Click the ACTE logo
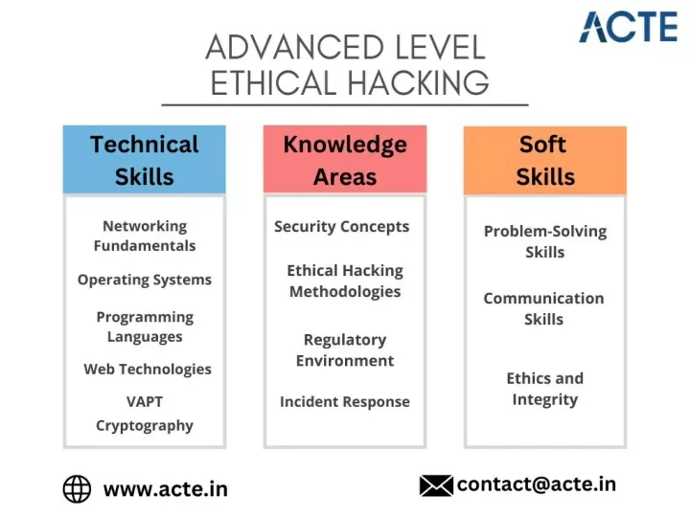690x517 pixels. pos(629,27)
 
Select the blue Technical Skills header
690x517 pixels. pos(145,160)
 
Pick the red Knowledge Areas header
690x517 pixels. pos(345,159)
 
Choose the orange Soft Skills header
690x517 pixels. pos(545,160)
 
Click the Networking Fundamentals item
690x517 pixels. pos(145,236)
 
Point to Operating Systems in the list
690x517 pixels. pos(145,280)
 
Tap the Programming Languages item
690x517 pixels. pos(145,326)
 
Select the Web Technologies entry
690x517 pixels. pos(148,370)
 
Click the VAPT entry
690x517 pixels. pos(145,401)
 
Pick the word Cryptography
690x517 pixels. pos(145,425)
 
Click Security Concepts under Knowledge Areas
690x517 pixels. pos(341,227)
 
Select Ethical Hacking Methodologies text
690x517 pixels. pos(345,281)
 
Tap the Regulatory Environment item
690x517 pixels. pos(345,350)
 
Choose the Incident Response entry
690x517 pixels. pos(345,402)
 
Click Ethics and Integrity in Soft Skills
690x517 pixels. pos(544,389)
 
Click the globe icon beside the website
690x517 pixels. pos(77,489)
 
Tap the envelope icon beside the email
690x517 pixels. pos(436,485)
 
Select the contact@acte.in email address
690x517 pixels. pos(537,484)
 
